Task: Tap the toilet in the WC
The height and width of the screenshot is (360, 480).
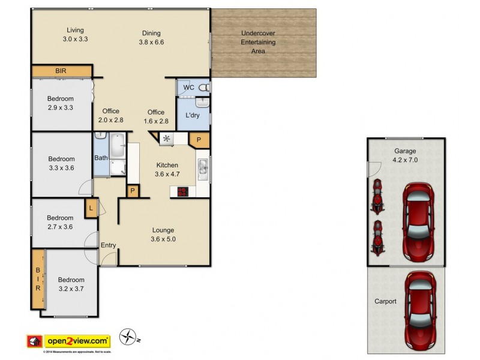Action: click(203, 88)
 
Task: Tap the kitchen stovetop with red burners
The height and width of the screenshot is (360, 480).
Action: click(181, 192)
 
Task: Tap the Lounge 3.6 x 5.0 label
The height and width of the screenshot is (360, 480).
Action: click(163, 235)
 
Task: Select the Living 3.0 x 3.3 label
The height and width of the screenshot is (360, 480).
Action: click(75, 34)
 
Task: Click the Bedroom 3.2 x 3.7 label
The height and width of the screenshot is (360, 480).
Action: click(71, 284)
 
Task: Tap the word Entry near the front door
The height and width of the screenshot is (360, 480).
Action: click(109, 245)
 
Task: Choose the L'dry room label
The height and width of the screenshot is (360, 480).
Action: click(193, 115)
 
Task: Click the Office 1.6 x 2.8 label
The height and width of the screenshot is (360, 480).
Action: click(156, 116)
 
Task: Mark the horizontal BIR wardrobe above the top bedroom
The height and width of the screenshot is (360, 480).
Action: click(61, 71)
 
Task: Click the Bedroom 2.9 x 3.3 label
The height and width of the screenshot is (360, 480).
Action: click(61, 103)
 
